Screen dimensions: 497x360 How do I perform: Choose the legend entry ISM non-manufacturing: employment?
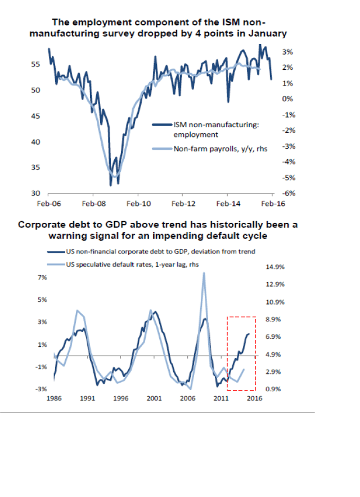pos(217,130)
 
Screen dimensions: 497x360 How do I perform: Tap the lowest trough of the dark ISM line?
pos(111,185)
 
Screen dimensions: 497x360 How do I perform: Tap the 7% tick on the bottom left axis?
pos(42,277)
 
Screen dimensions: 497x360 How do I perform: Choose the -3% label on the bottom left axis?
pos(41,389)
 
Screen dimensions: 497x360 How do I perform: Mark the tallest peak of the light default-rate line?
pos(203,274)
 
